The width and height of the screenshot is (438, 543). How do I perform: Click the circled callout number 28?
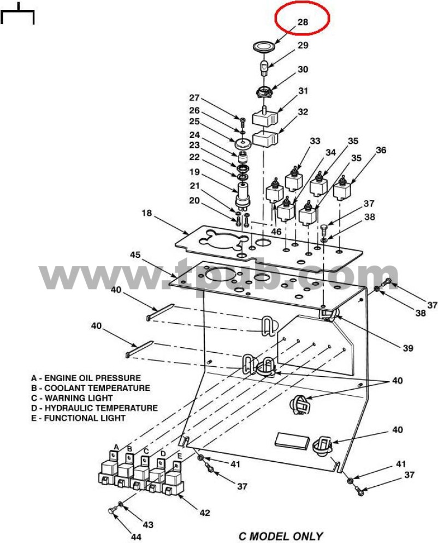(303, 22)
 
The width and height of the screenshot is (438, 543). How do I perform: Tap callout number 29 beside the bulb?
(303, 45)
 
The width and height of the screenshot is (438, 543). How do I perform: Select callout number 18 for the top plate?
(147, 213)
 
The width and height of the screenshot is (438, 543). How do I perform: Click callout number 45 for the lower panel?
(135, 255)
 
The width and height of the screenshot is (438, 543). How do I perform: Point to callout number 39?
(408, 348)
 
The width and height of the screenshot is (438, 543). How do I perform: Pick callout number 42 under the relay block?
(205, 512)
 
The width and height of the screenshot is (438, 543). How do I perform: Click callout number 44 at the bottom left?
(136, 537)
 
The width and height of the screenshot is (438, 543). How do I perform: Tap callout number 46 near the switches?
(276, 231)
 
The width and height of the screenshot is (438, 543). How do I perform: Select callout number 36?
(381, 150)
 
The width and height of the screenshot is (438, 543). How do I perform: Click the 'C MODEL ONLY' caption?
(281, 536)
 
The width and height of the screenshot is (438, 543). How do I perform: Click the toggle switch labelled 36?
(342, 188)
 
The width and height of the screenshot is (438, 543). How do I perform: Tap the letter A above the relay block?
(116, 447)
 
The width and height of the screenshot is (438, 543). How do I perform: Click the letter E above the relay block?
(179, 456)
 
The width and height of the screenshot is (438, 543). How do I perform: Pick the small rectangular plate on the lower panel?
(292, 441)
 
